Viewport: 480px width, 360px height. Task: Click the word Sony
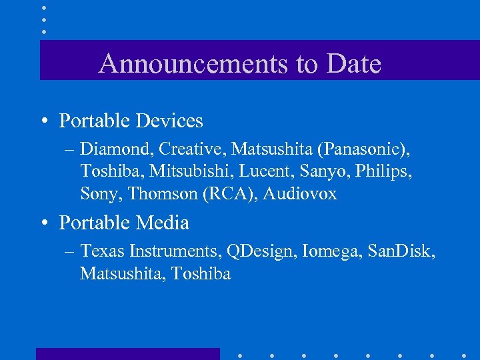[x=100, y=194]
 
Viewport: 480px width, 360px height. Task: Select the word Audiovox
[x=300, y=194]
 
